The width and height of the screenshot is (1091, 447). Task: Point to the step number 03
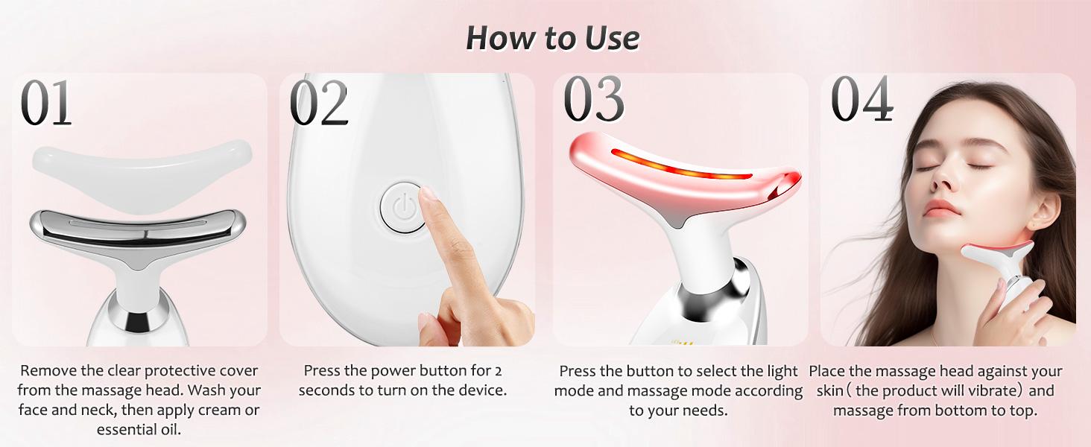pyautogui.click(x=594, y=100)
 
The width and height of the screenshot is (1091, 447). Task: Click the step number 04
pyautogui.click(x=861, y=100)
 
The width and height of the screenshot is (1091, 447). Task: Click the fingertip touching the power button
pyautogui.click(x=427, y=196)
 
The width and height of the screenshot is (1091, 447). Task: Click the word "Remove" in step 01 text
pyautogui.click(x=48, y=371)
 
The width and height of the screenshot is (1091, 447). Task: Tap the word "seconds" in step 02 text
pyautogui.click(x=329, y=390)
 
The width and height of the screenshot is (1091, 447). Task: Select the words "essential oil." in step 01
pyautogui.click(x=139, y=429)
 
